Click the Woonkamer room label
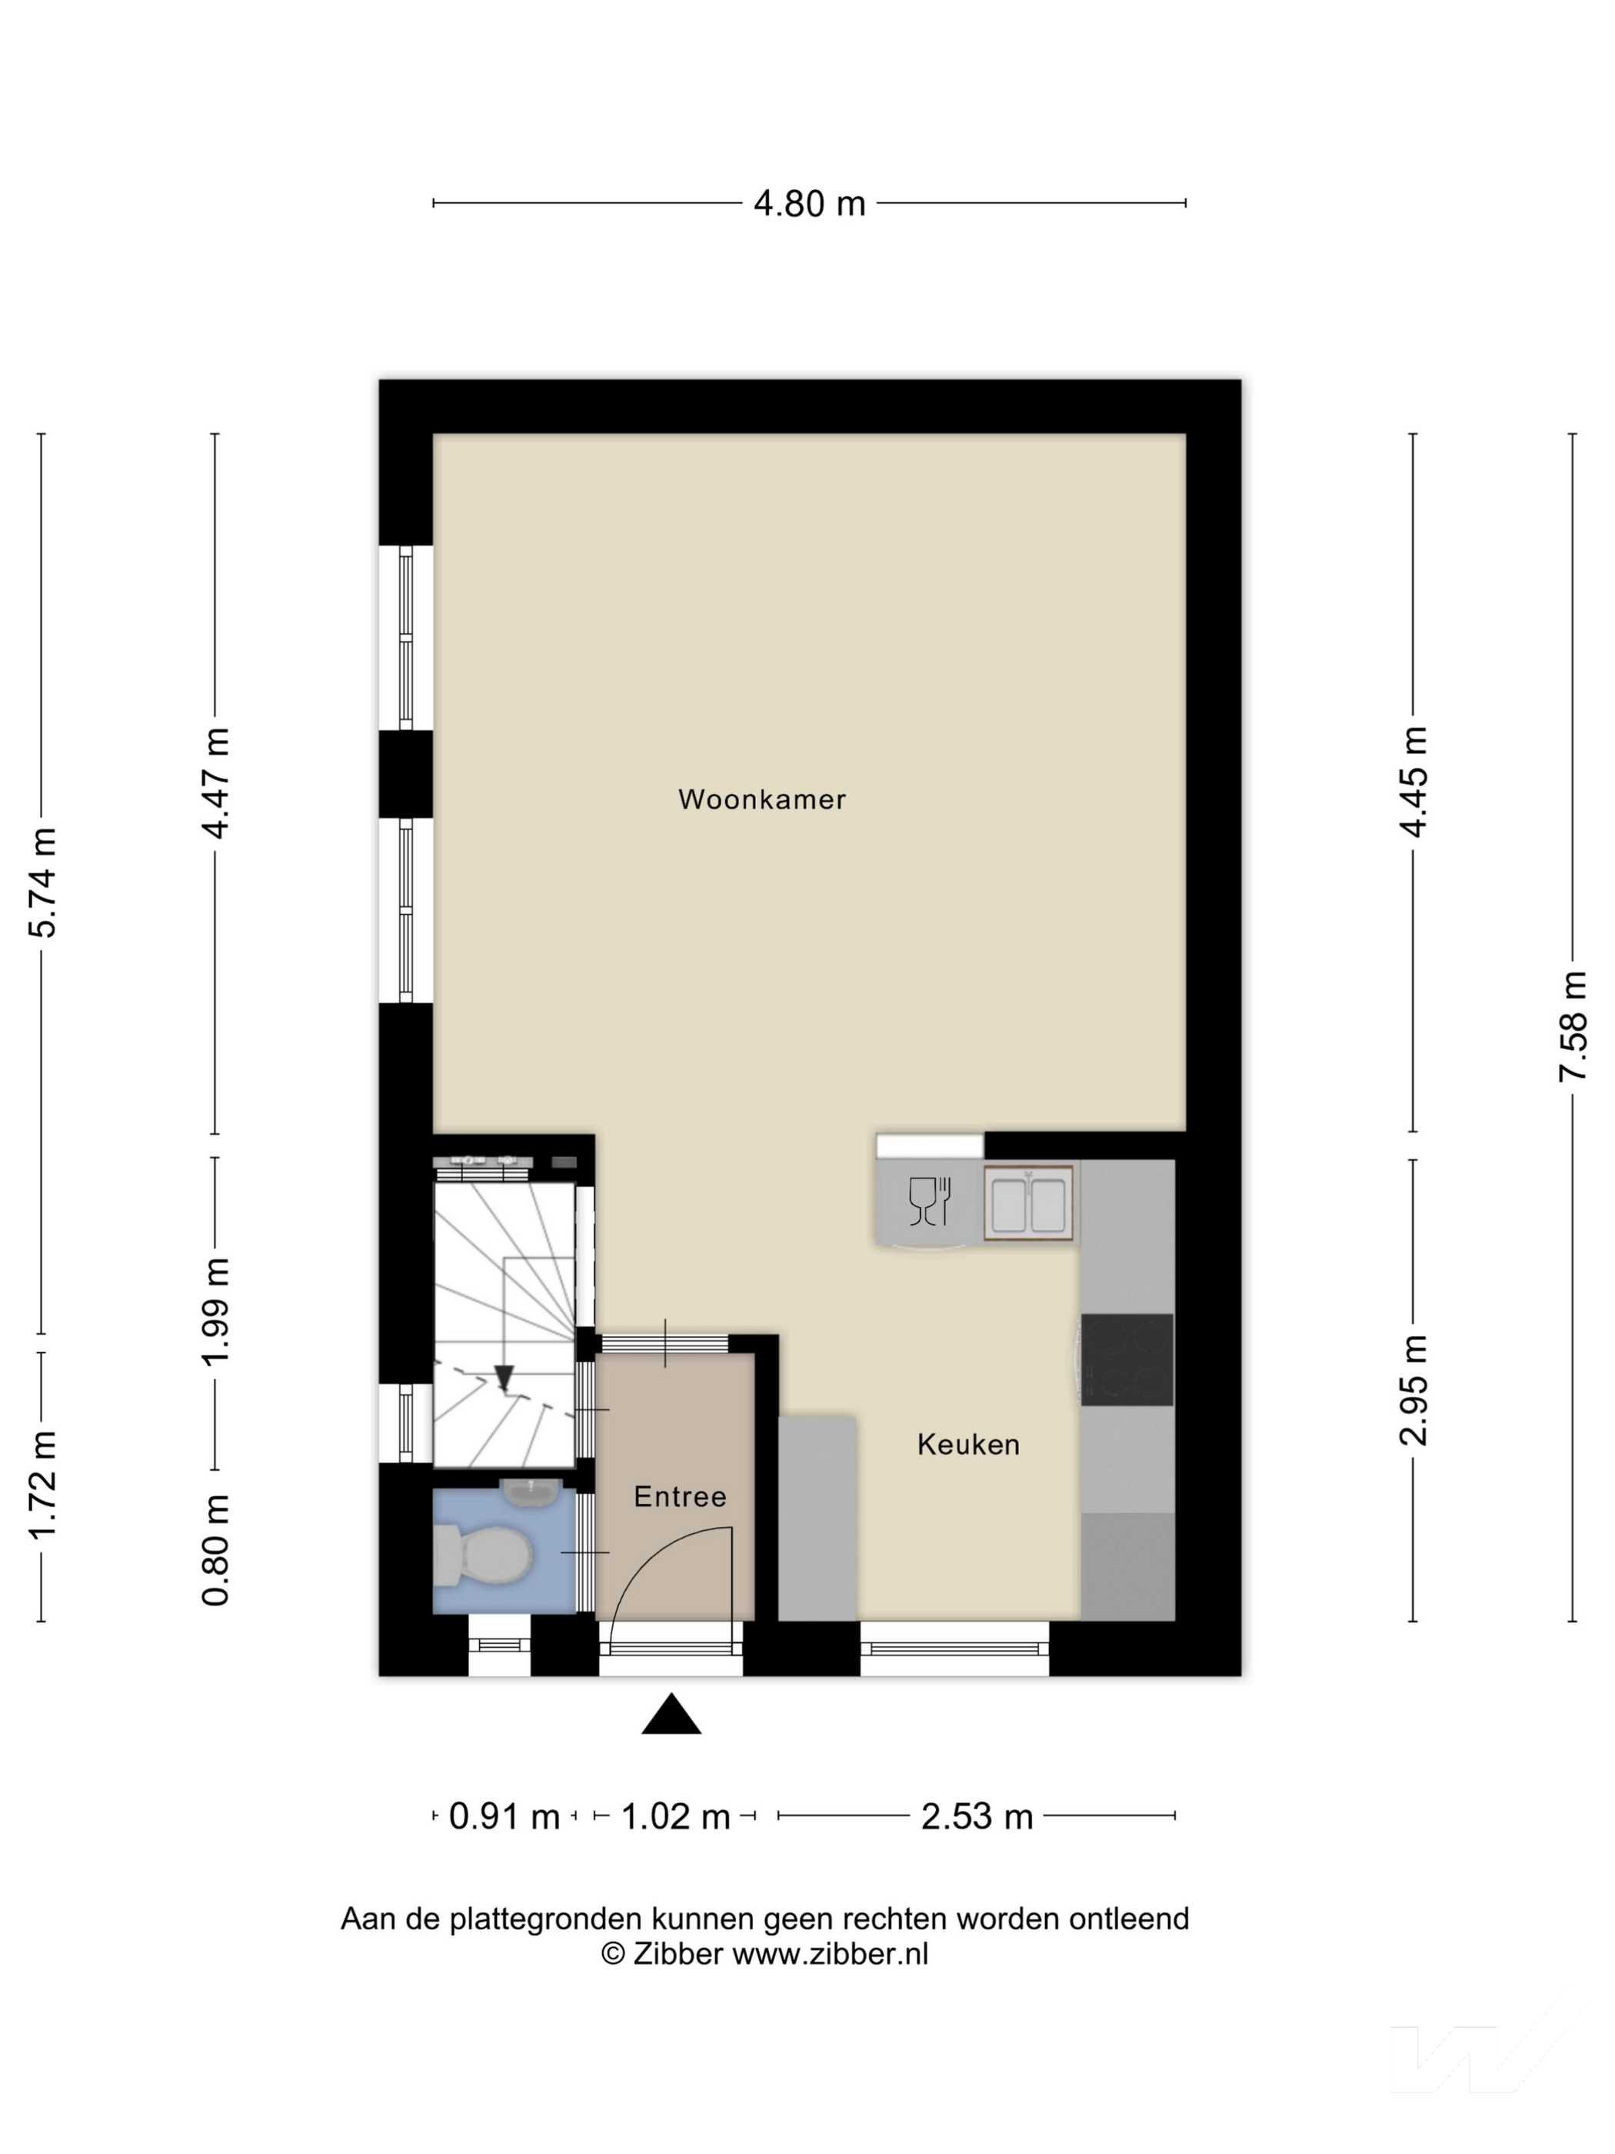click(x=761, y=799)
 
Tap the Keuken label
click(x=967, y=1444)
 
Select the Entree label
click(x=680, y=1497)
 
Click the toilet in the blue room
click(x=482, y=1555)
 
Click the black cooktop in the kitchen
click(x=1127, y=1359)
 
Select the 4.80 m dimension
click(x=809, y=204)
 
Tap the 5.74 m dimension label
click(x=42, y=882)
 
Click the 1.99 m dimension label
click(x=215, y=1312)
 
